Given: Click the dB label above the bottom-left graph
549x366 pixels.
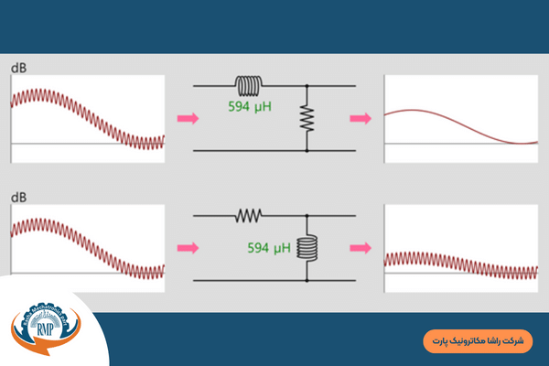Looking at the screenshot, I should click(x=17, y=195).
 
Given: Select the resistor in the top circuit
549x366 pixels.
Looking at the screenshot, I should click(x=307, y=118).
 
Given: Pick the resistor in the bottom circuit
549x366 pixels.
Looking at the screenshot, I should click(x=249, y=216).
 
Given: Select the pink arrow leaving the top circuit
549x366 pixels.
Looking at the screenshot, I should click(x=361, y=118).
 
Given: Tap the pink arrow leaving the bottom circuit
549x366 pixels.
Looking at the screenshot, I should click(x=361, y=247).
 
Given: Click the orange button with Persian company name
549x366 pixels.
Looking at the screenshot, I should click(x=478, y=340).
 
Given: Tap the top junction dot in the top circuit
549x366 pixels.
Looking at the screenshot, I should click(x=307, y=86).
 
